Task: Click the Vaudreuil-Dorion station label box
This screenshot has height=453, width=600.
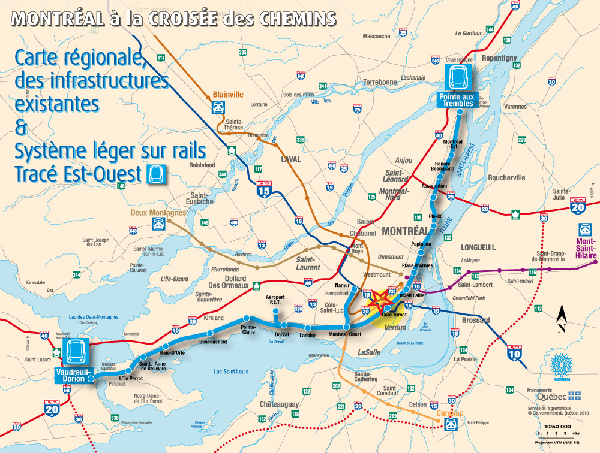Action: point(73,375)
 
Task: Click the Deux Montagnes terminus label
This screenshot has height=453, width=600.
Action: point(158,213)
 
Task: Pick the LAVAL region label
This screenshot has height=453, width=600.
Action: point(290,159)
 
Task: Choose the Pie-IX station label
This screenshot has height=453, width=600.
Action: point(436,216)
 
